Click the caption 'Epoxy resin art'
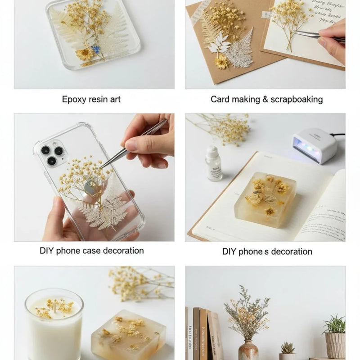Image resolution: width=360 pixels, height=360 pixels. pos(91,99)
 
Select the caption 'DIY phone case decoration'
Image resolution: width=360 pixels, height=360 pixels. pos(92,251)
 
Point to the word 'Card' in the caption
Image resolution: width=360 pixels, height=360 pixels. pos(220,99)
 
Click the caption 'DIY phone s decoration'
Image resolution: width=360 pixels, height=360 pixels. pos(267,252)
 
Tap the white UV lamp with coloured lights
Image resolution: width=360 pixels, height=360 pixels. pos(314,145)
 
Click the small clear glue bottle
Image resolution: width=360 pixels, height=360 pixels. pos(214,164)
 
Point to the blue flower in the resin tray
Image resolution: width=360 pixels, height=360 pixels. pos(96,49)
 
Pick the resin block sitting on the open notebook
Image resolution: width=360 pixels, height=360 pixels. pos(265,198)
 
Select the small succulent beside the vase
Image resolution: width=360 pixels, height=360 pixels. pos(287,349)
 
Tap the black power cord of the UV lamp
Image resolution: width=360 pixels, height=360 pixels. pos(340,134)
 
